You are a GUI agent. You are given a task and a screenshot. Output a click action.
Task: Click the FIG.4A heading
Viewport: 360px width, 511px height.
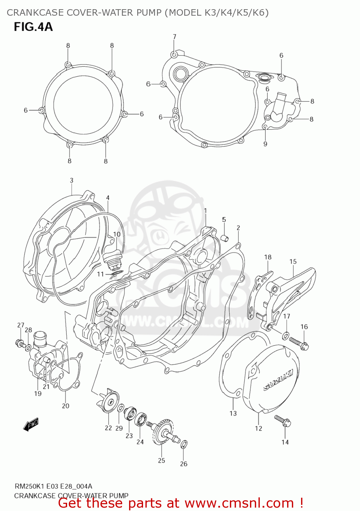coord(33,27)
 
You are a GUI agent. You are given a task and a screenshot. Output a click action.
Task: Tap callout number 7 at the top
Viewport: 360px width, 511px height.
coord(174,37)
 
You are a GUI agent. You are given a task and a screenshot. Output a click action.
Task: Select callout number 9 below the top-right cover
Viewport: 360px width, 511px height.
coord(265,144)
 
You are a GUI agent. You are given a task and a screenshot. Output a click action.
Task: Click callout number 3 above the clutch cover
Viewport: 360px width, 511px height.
coord(72,180)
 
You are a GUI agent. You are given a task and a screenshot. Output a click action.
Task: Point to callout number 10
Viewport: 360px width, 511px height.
coord(117,234)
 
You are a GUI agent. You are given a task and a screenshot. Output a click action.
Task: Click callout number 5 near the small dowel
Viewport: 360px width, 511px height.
coord(224,219)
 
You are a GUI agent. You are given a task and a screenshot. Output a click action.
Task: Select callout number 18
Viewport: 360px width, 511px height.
coord(268,257)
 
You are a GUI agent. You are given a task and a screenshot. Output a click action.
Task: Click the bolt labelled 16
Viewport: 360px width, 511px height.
coord(299,342)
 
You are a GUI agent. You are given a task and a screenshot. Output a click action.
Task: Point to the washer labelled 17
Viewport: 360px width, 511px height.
coord(286,336)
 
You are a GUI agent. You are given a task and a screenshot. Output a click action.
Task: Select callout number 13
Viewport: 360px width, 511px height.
coord(233,413)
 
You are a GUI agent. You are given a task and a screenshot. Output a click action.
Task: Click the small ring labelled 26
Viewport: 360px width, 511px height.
coord(184,444)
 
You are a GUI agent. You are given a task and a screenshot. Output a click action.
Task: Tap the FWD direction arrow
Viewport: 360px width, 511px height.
coord(31,424)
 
